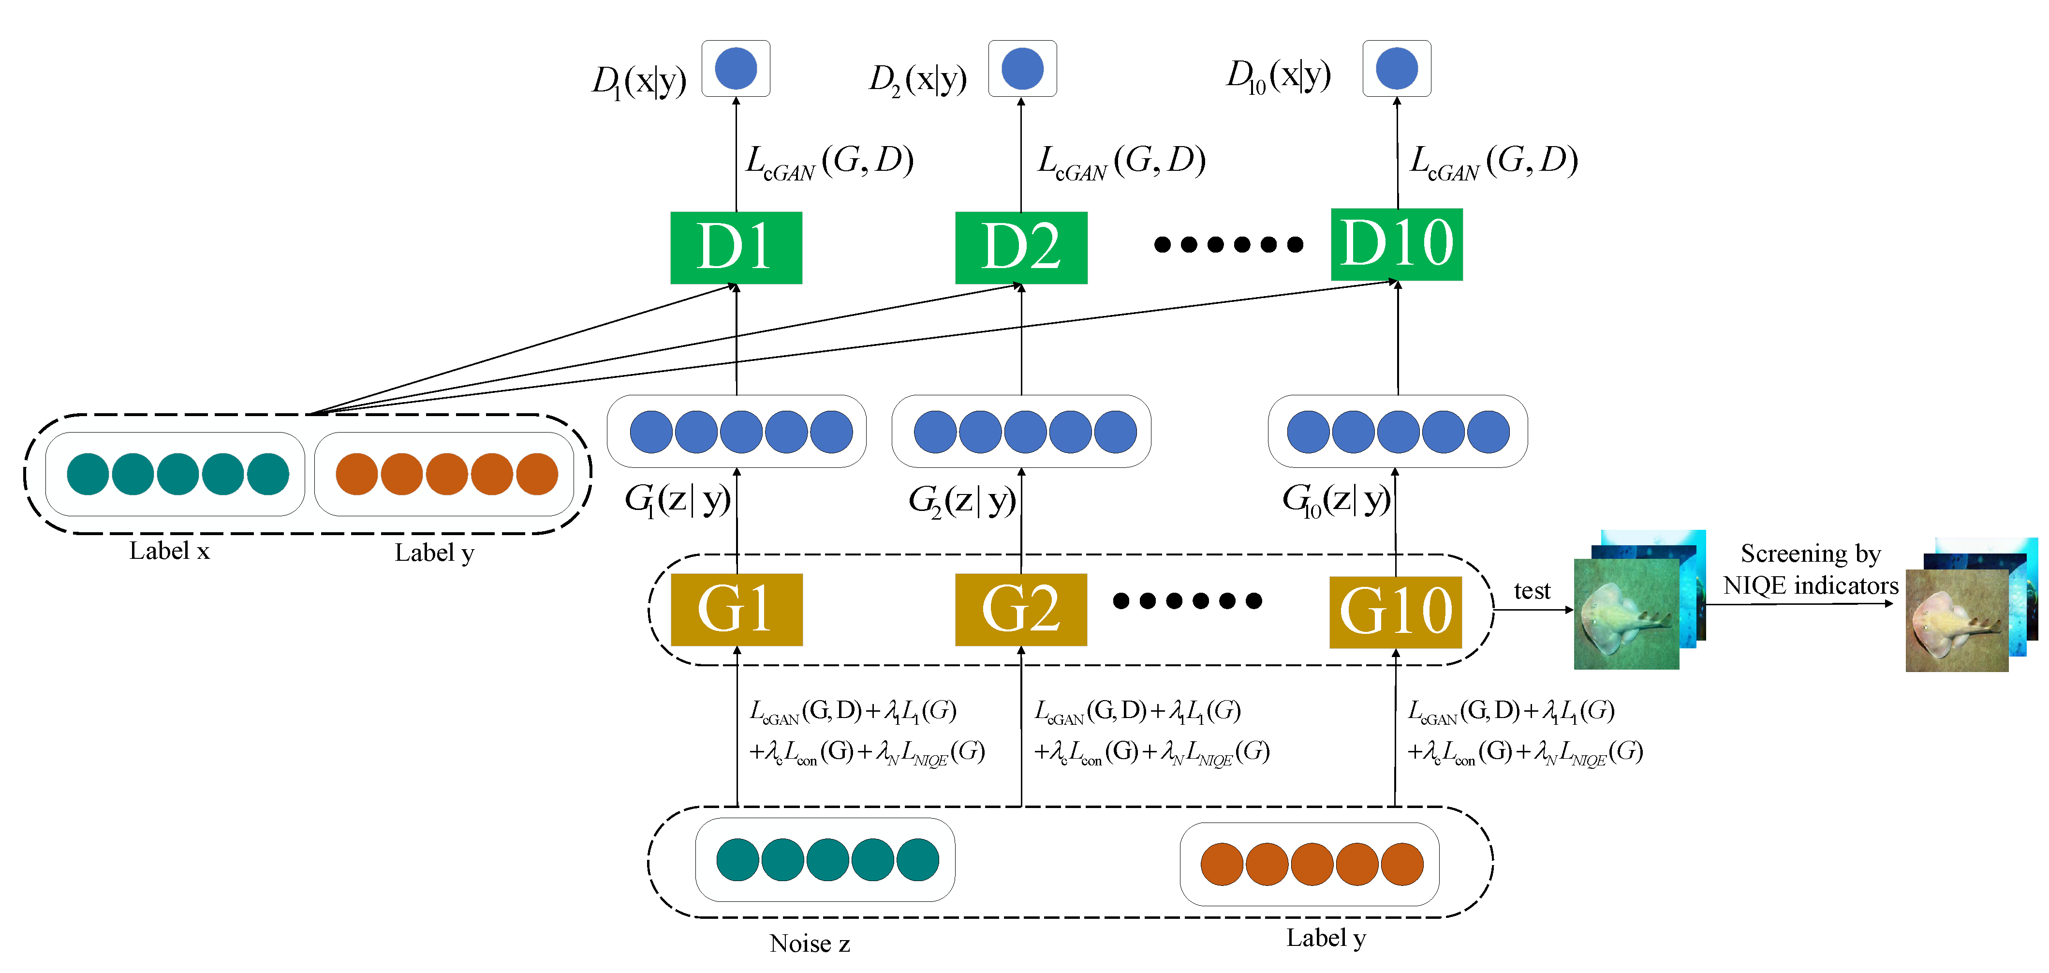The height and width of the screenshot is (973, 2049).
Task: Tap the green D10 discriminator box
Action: click(x=1396, y=244)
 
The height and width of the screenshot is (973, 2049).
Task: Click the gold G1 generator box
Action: click(x=737, y=610)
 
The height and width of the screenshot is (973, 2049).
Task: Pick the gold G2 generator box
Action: click(x=1020, y=610)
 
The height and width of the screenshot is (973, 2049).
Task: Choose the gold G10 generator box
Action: click(x=1395, y=612)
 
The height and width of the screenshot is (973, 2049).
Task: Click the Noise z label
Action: click(x=809, y=943)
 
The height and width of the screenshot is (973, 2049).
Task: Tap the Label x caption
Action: click(x=169, y=551)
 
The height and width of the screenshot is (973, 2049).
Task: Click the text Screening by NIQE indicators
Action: click(x=1811, y=569)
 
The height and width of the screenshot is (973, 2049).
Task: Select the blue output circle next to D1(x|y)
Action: click(x=736, y=68)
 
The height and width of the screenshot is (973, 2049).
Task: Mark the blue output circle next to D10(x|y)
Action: click(x=1396, y=68)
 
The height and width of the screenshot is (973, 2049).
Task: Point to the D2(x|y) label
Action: click(x=917, y=79)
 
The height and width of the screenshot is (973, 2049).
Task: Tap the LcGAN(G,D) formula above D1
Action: click(x=829, y=162)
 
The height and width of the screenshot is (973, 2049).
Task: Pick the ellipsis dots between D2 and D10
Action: click(x=1228, y=244)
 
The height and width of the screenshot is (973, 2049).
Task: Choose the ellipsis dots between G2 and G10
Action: click(x=1187, y=600)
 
